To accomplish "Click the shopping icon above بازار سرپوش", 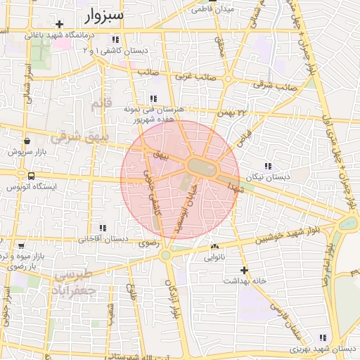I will coord(26,140).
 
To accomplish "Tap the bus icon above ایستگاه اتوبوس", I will coord(31,176).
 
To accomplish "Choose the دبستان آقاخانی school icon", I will coord(103,228).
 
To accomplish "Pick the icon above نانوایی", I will coord(214,247).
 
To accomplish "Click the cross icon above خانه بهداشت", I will coord(244,270).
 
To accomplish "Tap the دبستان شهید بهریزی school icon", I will coord(323,337).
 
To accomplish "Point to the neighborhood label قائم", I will coord(101,104).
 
